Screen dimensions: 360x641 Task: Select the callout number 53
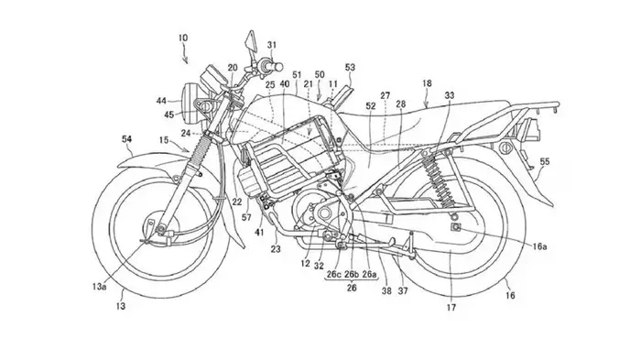click(x=350, y=67)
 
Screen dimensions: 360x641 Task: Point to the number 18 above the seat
click(x=427, y=83)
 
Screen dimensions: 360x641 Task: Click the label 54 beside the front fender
click(x=126, y=137)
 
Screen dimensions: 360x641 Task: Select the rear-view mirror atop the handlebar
click(x=247, y=41)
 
